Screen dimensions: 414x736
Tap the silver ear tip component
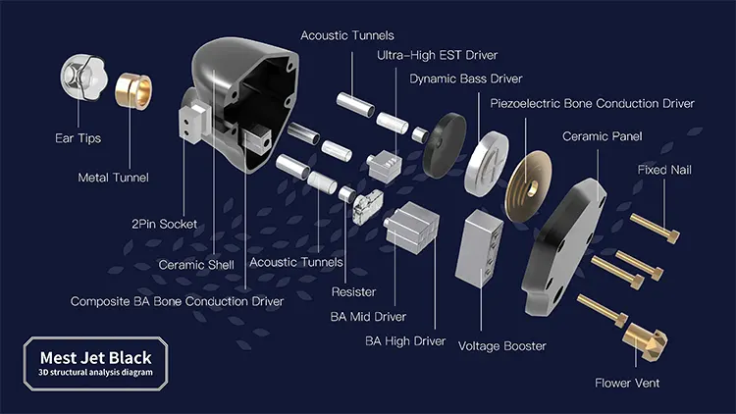tap(79, 75)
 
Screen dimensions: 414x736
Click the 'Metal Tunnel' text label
tap(113, 178)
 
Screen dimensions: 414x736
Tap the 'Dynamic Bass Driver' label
tap(465, 78)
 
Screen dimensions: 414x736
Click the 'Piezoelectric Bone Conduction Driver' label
tap(592, 103)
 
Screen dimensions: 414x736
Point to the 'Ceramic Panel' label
tap(601, 136)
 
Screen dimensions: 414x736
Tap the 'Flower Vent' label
tap(627, 383)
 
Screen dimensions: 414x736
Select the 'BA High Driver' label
tap(405, 341)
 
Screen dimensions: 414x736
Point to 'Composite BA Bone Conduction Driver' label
tap(177, 301)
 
